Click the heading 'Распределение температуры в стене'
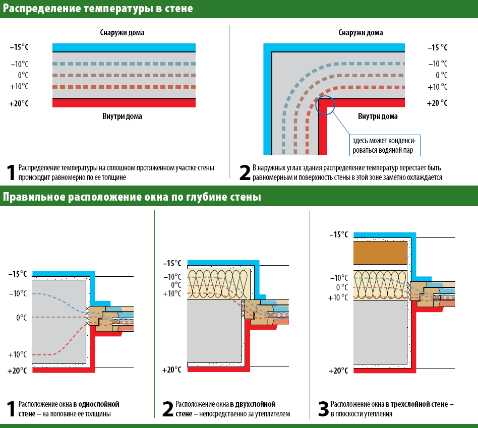point(98,9)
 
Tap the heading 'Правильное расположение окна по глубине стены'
point(132,197)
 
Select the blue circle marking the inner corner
point(325,104)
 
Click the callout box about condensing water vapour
point(385,145)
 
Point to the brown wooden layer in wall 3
point(381,253)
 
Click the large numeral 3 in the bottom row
point(323,409)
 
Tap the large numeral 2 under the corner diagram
point(245,172)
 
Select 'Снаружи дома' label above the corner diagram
point(360,33)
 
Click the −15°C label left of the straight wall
point(19,47)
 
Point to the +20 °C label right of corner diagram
point(437,103)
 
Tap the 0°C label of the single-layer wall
point(21,318)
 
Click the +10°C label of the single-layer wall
point(18,354)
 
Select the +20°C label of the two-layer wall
point(171,370)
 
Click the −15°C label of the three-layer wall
point(338,234)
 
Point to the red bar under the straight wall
point(124,103)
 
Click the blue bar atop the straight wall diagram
point(124,47)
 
